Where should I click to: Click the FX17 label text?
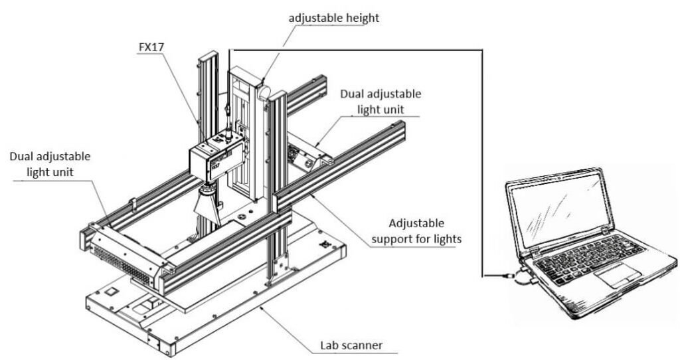coord(152,47)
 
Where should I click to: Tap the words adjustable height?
coord(333,18)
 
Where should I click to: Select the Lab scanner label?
coord(351,345)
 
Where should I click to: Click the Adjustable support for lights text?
coord(416,231)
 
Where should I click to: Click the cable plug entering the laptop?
coord(508,275)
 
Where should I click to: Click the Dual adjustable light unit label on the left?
coord(50,164)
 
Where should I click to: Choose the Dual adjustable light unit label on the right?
coord(381,102)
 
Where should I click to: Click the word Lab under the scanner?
coord(329,345)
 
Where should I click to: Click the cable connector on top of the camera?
coord(228,133)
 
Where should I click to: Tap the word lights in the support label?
coord(447,238)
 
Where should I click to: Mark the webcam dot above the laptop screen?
coord(559,177)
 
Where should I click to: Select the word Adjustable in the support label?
coord(416,223)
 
